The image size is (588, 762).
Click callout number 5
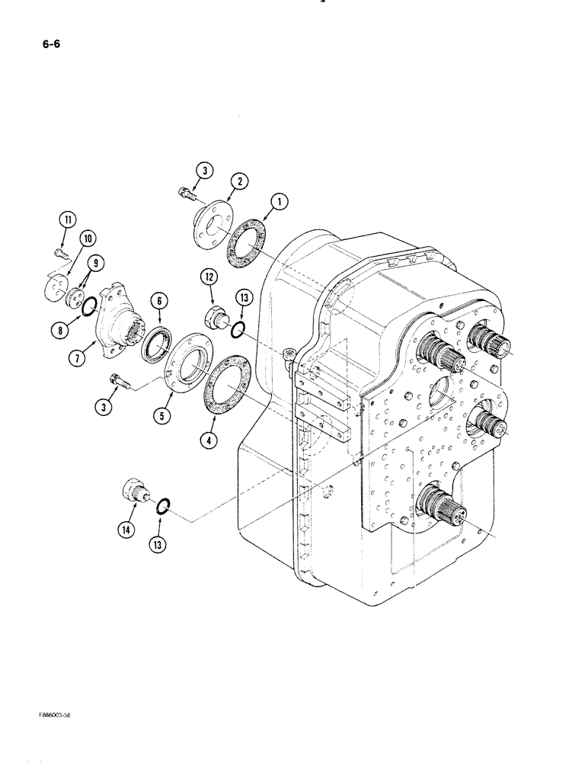pyautogui.click(x=163, y=415)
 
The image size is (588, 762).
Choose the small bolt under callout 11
pyautogui.click(x=61, y=251)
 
